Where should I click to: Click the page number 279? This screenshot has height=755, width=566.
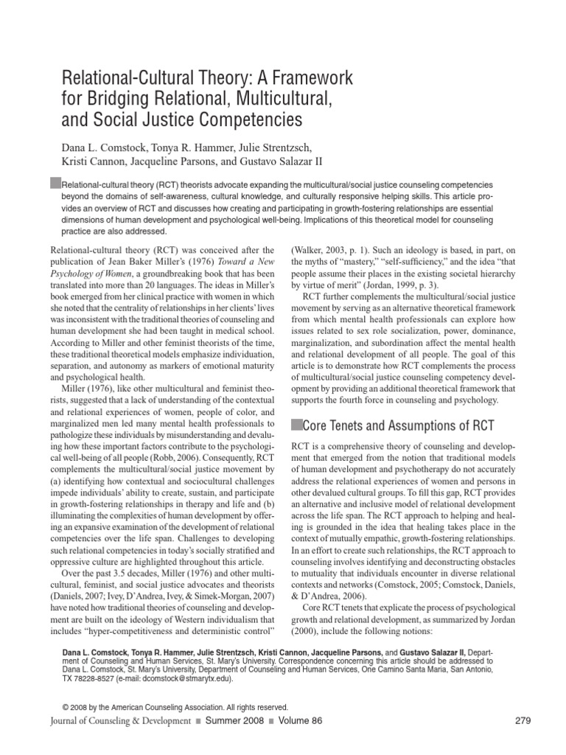(x=521, y=720)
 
